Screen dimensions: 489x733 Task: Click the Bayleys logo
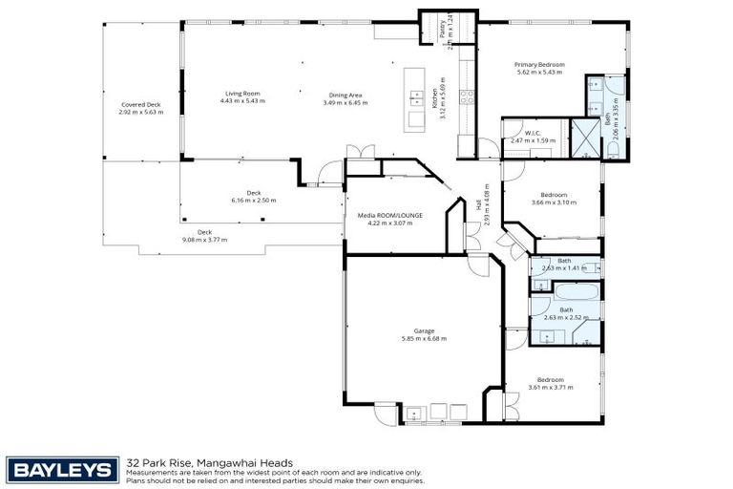pyautogui.click(x=63, y=469)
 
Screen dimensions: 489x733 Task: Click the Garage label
pyautogui.click(x=424, y=331)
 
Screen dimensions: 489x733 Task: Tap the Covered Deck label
pyautogui.click(x=140, y=104)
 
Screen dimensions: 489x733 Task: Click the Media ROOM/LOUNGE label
pyautogui.click(x=389, y=216)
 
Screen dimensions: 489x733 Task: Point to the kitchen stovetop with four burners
pyautogui.click(x=468, y=96)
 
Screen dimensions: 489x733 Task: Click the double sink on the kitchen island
pyautogui.click(x=417, y=96)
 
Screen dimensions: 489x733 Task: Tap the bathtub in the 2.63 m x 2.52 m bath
pyautogui.click(x=565, y=291)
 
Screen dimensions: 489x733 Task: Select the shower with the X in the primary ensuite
pyautogui.click(x=582, y=137)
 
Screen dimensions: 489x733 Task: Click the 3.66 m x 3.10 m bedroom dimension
pyautogui.click(x=554, y=202)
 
